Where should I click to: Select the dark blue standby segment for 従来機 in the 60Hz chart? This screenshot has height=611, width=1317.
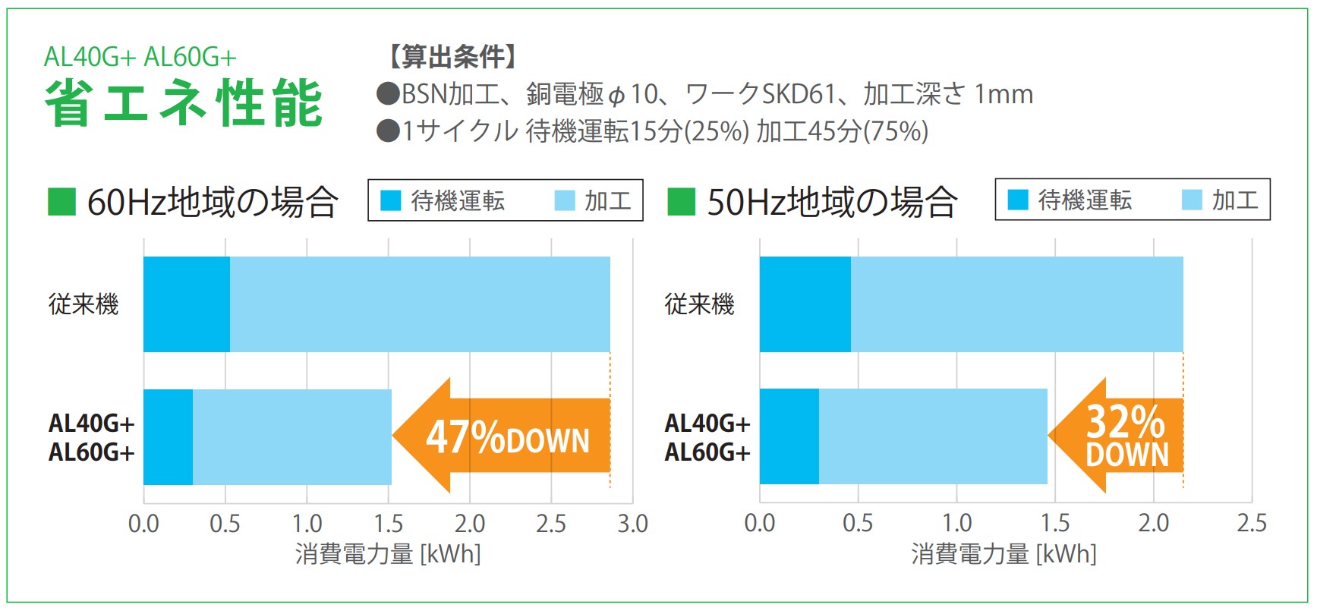click(x=186, y=304)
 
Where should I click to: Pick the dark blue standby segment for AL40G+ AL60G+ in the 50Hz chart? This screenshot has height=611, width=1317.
click(x=789, y=436)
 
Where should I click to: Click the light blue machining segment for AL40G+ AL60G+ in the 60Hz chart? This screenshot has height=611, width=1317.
click(x=292, y=436)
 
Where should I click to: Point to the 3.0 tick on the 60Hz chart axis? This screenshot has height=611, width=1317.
click(x=632, y=524)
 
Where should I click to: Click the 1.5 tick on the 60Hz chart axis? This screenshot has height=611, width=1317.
click(x=388, y=524)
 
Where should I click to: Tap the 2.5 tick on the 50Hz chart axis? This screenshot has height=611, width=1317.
click(x=1251, y=523)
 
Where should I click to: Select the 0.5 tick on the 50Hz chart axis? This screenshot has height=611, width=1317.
click(x=858, y=523)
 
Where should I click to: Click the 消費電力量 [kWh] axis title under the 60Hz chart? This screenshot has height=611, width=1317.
click(x=388, y=554)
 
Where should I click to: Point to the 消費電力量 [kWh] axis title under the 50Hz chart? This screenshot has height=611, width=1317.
click(x=1004, y=554)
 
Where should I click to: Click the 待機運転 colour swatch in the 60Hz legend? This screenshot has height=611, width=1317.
click(x=390, y=200)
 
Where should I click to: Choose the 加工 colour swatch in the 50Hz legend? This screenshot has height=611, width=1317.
click(x=1192, y=200)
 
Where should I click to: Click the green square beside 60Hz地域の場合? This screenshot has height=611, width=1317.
click(x=61, y=202)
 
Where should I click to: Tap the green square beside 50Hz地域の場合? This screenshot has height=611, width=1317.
click(x=681, y=202)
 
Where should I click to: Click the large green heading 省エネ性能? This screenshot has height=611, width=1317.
click(x=184, y=103)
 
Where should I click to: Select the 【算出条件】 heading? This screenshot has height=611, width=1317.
click(x=453, y=56)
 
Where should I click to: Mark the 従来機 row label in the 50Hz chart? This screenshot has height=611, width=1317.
click(x=699, y=304)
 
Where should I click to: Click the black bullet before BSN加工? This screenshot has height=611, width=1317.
click(x=388, y=94)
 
